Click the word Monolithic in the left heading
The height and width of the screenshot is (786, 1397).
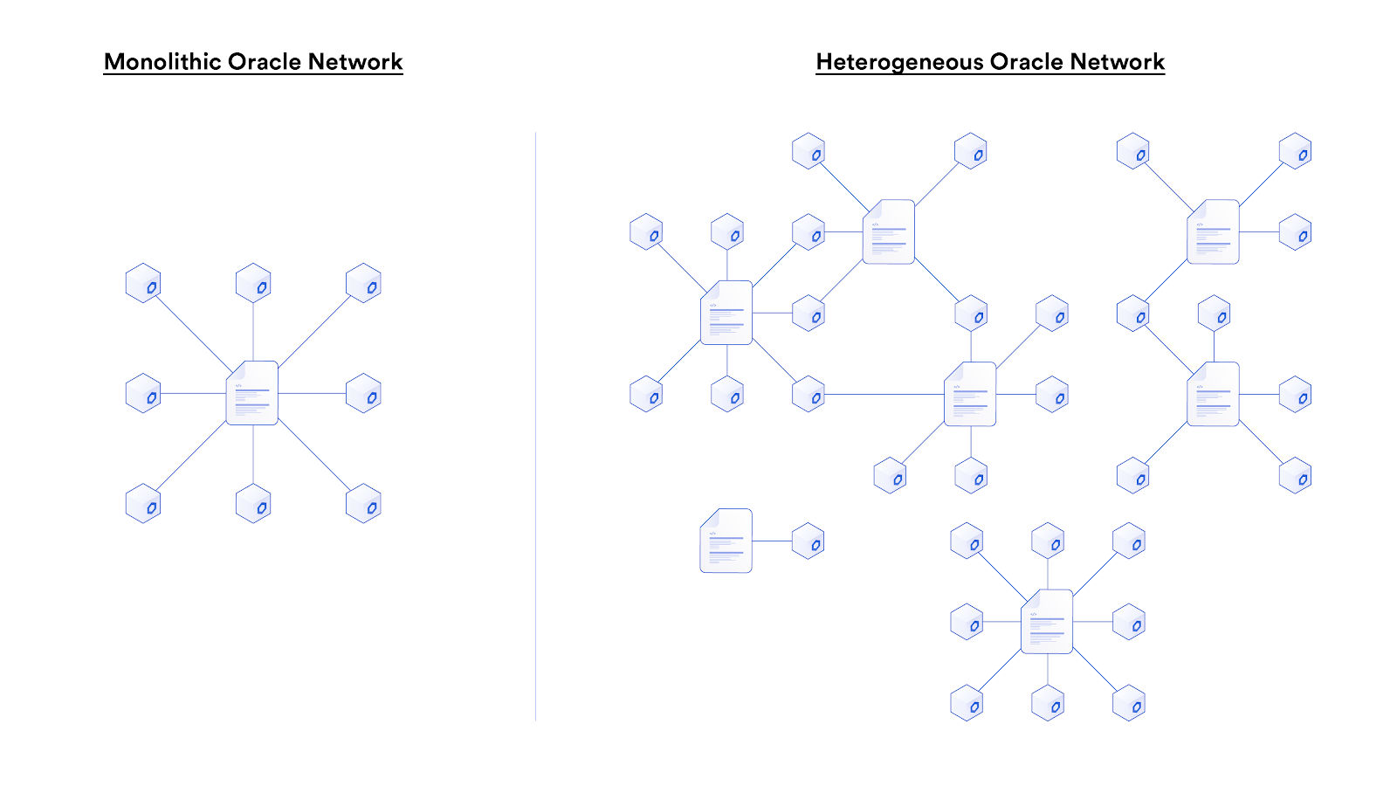click(x=162, y=62)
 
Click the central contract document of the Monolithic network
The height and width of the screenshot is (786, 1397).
click(x=252, y=393)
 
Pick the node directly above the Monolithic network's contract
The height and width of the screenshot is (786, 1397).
click(x=253, y=283)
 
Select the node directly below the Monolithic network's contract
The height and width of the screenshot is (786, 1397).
click(x=253, y=504)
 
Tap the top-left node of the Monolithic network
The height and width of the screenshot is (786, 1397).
click(x=143, y=283)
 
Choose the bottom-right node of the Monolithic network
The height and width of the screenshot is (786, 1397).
click(x=363, y=504)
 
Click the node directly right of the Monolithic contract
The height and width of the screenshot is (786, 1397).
click(x=363, y=393)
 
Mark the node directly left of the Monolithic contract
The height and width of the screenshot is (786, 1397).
click(x=143, y=393)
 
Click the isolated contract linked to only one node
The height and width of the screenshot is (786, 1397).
click(x=726, y=541)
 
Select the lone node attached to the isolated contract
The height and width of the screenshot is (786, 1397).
click(x=808, y=541)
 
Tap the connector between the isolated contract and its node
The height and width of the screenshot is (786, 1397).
click(x=772, y=541)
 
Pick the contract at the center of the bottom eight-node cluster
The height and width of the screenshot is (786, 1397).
click(x=1047, y=622)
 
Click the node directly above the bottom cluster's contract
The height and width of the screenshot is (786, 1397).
click(x=1048, y=541)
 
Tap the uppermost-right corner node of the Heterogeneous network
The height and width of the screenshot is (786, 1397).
click(x=1295, y=151)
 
